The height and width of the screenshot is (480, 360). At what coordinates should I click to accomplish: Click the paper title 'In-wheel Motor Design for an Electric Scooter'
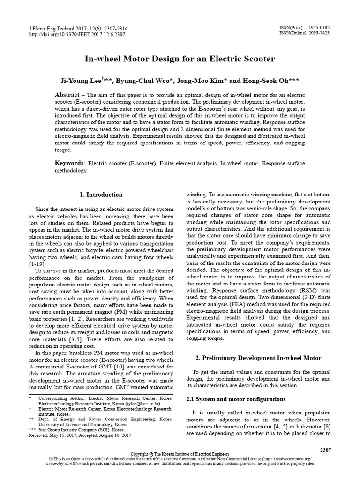(180, 59)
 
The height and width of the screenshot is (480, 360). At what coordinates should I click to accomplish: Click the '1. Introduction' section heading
(101, 195)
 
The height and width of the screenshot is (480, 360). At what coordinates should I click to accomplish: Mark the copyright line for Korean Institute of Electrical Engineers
(180, 455)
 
